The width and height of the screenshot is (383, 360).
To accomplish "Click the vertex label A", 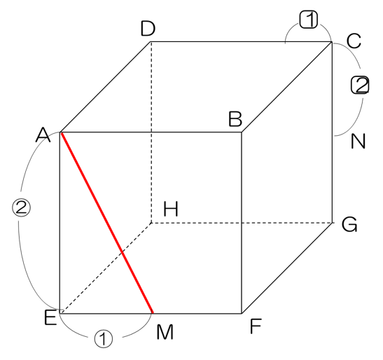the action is click(43, 134).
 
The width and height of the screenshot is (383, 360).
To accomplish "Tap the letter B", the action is click(235, 119).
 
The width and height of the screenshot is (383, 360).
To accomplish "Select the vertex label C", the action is click(354, 41).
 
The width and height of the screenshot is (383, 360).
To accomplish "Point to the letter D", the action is click(148, 29).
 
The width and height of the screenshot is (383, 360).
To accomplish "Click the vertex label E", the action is click(50, 317).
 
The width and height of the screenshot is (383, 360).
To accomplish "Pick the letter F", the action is click(256, 326).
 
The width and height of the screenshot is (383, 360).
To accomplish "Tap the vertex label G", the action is click(349, 224).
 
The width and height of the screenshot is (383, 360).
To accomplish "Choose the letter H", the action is click(171, 209).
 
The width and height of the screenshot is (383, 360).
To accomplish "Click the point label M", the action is click(165, 332).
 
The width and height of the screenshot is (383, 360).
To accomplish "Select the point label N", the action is click(358, 141).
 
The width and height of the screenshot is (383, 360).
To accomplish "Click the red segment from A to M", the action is click(106, 223).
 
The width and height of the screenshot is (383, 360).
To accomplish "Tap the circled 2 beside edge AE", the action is click(21, 207).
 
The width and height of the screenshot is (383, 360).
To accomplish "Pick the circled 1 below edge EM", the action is click(104, 338).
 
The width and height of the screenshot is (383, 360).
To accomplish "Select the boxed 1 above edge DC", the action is click(309, 20).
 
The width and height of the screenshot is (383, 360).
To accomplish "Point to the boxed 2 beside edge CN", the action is click(360, 85).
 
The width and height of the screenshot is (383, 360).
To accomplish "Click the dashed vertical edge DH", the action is click(151, 132).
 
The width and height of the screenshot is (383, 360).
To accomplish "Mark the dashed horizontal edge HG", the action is click(242, 223).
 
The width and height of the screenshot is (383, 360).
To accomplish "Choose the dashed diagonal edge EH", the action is click(106, 267).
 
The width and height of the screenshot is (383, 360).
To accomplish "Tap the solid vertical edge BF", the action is click(242, 223).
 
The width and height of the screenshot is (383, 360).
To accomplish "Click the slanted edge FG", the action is click(287, 268).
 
